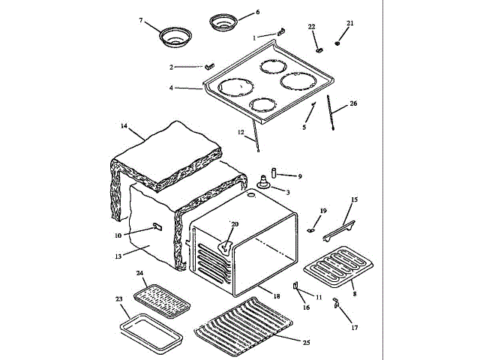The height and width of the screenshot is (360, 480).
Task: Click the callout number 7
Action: click(140, 20)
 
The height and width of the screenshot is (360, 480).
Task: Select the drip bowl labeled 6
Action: click(222, 22)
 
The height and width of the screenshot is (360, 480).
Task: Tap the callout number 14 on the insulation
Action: click(124, 126)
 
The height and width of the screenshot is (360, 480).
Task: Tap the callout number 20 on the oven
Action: click(234, 224)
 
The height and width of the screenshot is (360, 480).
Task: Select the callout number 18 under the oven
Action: click(277, 296)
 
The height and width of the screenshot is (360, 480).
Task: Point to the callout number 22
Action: click(312, 27)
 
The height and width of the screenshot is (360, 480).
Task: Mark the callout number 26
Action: click(353, 103)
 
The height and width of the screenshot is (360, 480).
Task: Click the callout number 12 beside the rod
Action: click(241, 133)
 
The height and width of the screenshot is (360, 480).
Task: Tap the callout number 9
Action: click(299, 176)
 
